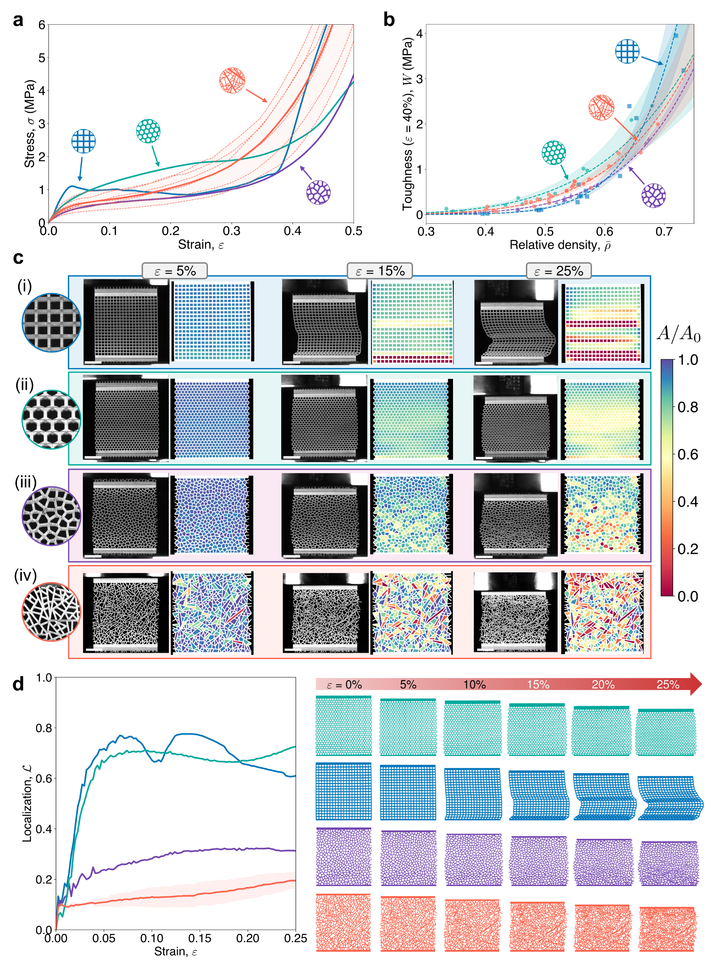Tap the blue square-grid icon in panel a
(x=83, y=141)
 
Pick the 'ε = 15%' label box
(x=380, y=271)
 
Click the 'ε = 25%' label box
(x=558, y=271)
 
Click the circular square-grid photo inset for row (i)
(x=51, y=323)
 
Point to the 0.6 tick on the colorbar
(x=687, y=454)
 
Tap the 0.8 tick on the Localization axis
(x=43, y=728)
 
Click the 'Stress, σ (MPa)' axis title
(x=29, y=124)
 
